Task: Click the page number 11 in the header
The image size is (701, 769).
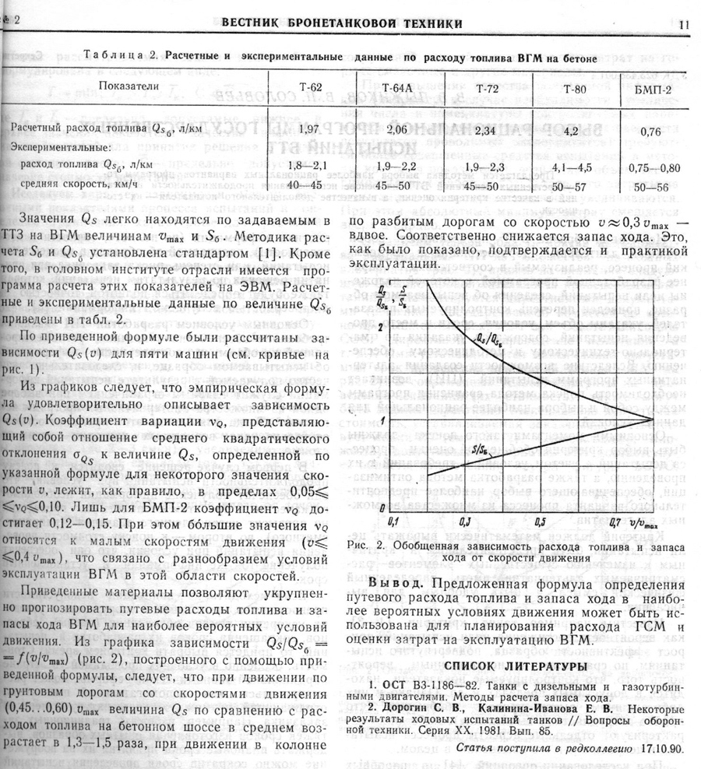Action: (x=684, y=24)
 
